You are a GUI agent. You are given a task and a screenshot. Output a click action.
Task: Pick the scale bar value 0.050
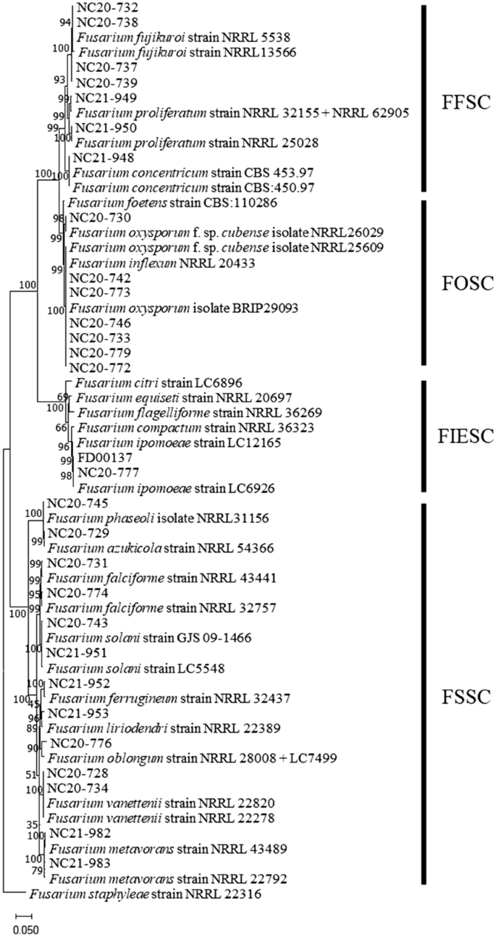26,929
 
